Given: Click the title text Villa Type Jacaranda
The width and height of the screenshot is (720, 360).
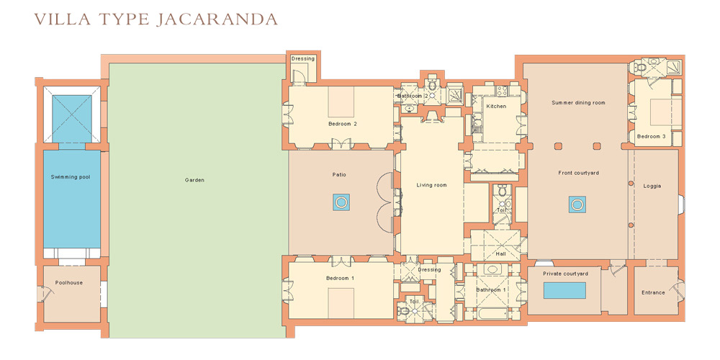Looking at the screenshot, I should click(156, 19).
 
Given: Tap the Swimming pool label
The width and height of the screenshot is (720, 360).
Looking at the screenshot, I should click(70, 176).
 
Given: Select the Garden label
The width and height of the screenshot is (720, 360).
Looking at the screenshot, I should click(194, 180).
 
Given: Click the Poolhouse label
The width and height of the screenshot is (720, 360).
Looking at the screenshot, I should click(69, 283).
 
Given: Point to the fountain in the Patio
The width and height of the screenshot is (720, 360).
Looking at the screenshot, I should click(341, 202).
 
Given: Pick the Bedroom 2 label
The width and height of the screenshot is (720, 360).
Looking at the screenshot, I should click(343, 124).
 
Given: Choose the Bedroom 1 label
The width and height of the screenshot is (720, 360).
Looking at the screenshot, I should click(341, 278).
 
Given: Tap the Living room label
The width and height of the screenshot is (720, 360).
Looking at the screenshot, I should click(431, 185).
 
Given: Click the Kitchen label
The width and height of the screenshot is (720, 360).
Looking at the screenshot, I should click(496, 106).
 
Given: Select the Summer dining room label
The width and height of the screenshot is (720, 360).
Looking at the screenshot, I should click(578, 103).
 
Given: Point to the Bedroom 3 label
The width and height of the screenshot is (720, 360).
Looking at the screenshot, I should click(652, 136).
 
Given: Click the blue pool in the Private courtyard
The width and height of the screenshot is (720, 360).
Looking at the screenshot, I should click(564, 291).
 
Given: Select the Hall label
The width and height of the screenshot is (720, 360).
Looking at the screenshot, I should click(500, 253).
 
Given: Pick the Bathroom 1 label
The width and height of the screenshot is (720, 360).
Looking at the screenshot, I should click(490, 290).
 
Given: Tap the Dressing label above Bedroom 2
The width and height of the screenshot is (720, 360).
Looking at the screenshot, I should click(302, 58).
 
